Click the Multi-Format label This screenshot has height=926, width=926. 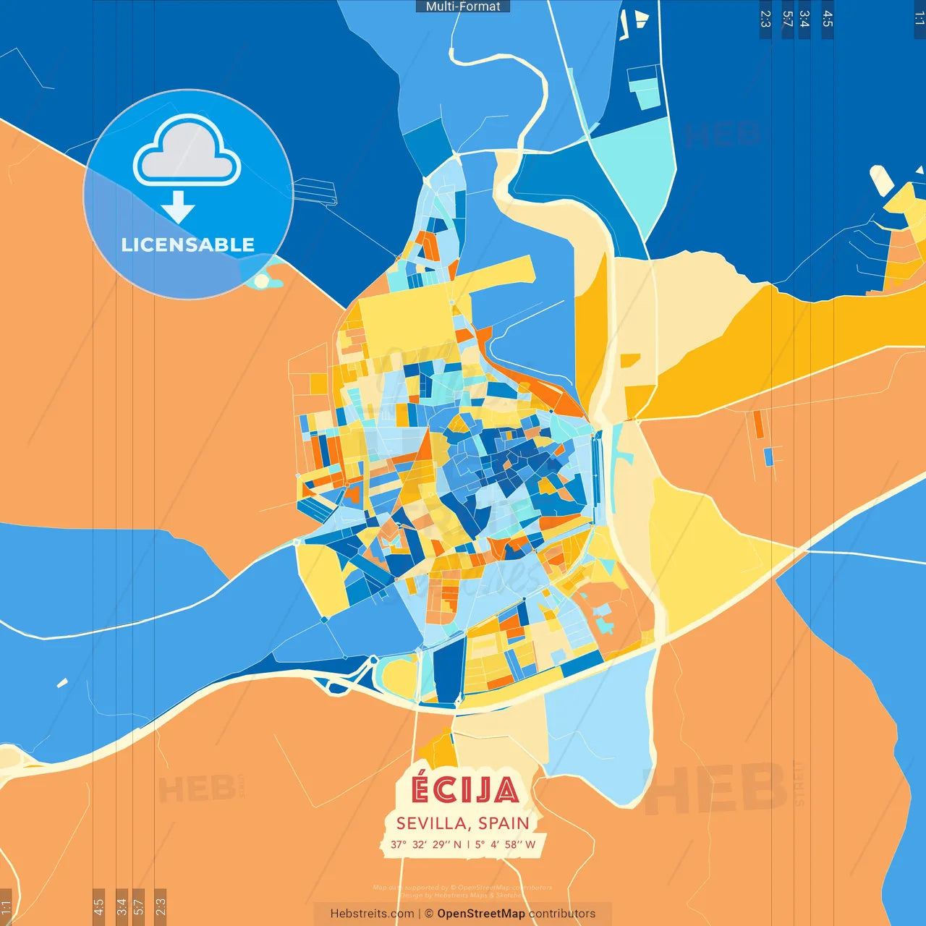point(463,7)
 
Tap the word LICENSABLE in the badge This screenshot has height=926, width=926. point(187,245)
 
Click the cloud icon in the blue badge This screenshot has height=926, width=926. point(187,151)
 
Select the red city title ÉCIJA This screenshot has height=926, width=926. point(464,790)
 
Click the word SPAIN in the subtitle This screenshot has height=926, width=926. point(504,823)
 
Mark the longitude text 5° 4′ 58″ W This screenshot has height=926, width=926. point(505,844)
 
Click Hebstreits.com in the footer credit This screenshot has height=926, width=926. point(372,914)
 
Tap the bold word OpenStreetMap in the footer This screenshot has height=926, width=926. point(480,914)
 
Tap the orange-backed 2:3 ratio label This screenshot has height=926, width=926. point(161,906)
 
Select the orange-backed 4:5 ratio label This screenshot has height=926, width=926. point(98,906)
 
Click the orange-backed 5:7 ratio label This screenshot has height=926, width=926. point(138,906)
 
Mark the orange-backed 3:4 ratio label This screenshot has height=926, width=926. point(122,906)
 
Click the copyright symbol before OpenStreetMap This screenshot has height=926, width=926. point(429,914)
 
